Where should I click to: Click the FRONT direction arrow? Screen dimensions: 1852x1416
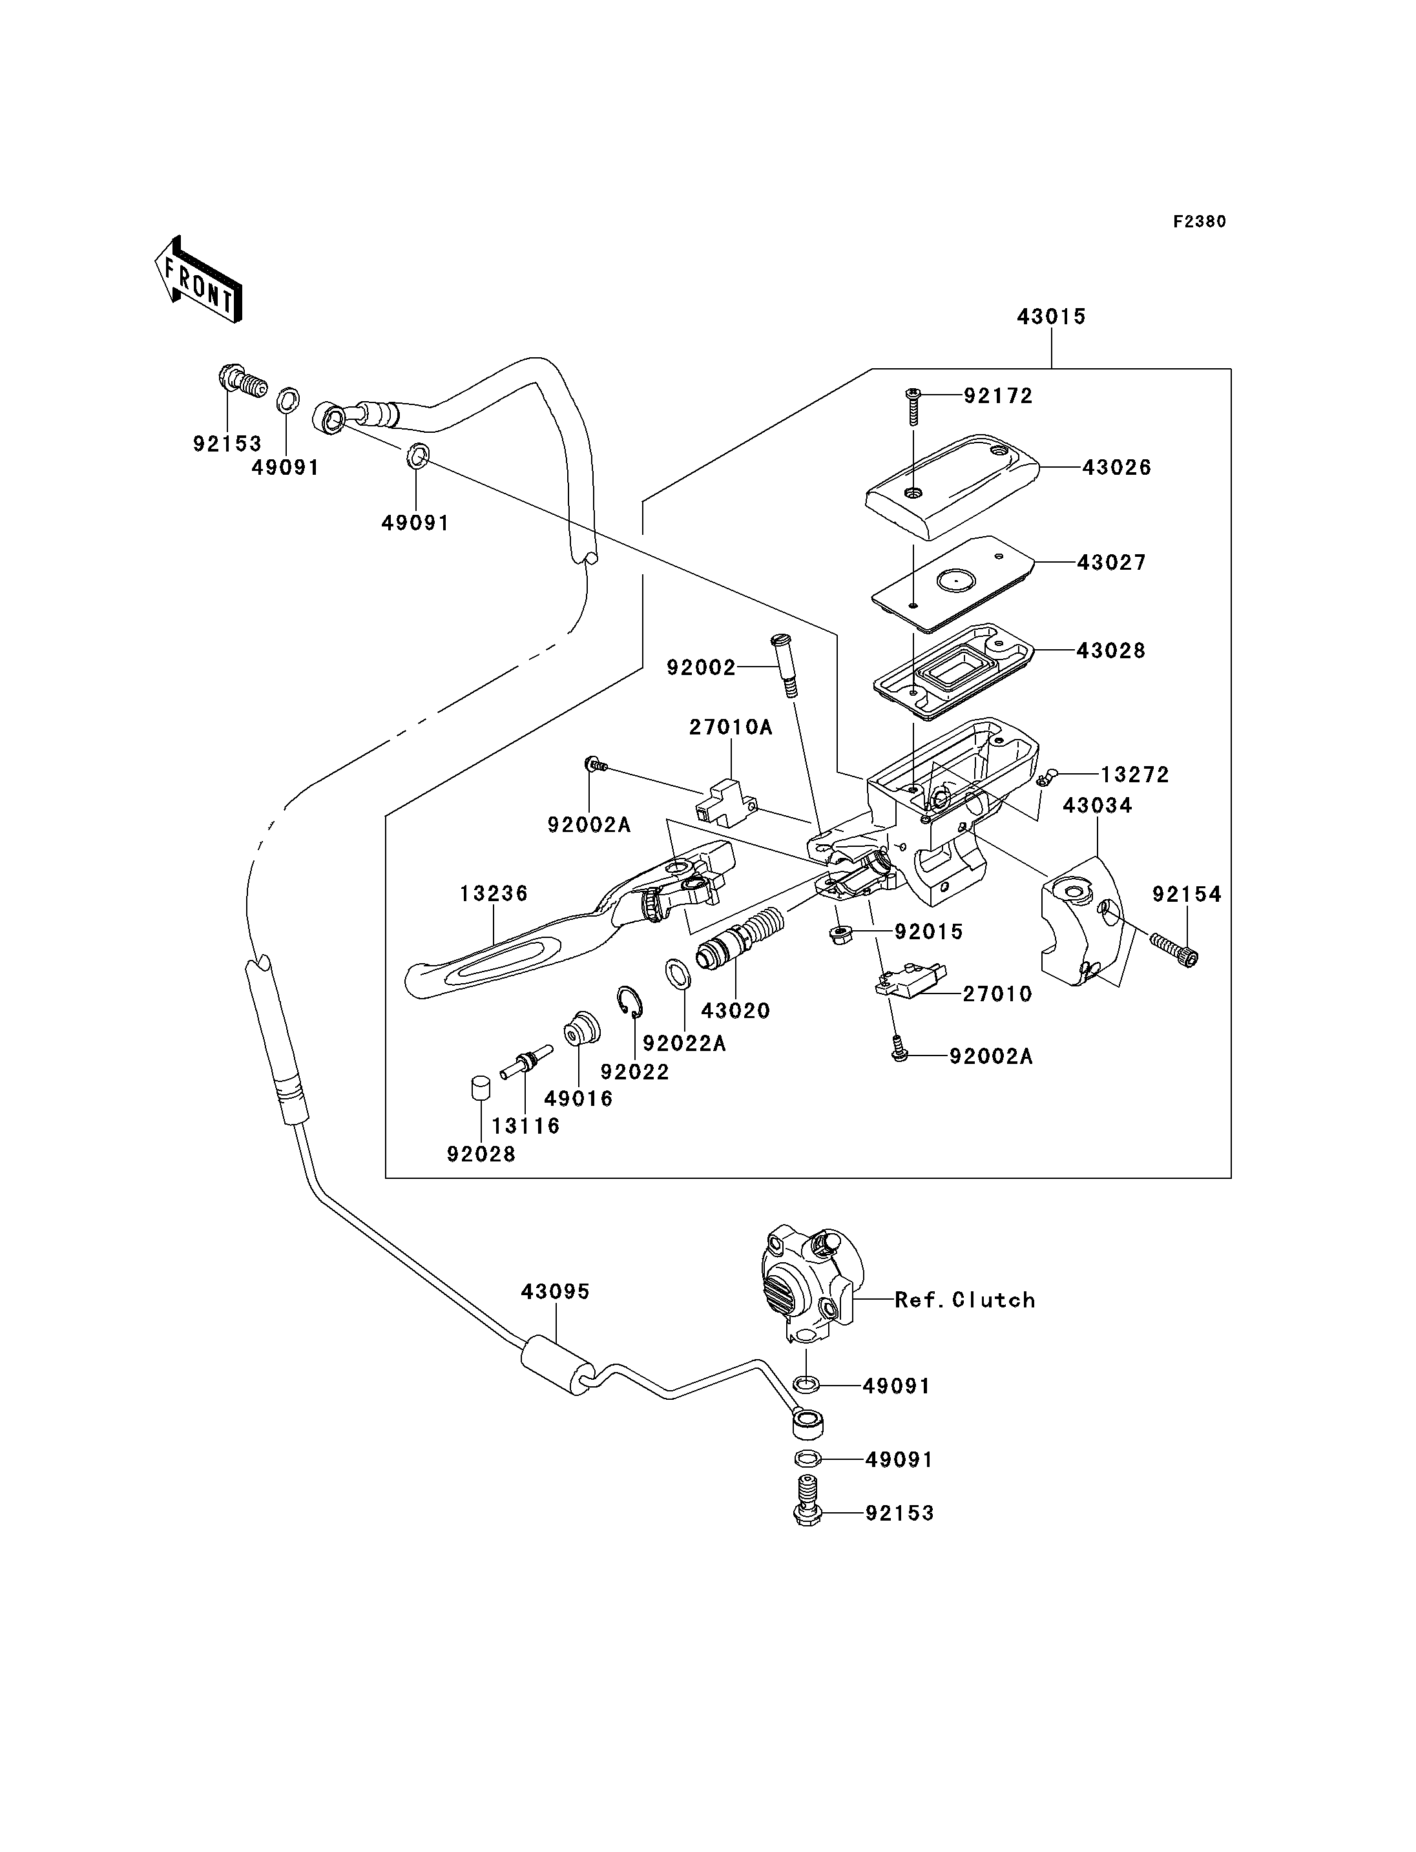click(x=199, y=281)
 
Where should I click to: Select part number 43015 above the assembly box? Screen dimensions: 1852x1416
click(x=1051, y=317)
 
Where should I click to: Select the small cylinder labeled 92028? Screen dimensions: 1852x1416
click(x=481, y=1088)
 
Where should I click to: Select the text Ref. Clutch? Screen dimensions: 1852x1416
click(x=964, y=1300)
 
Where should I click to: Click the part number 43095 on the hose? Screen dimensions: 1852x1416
click(x=555, y=1291)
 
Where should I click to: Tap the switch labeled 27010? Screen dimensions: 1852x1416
click(x=910, y=981)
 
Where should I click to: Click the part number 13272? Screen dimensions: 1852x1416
click(x=1134, y=775)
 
